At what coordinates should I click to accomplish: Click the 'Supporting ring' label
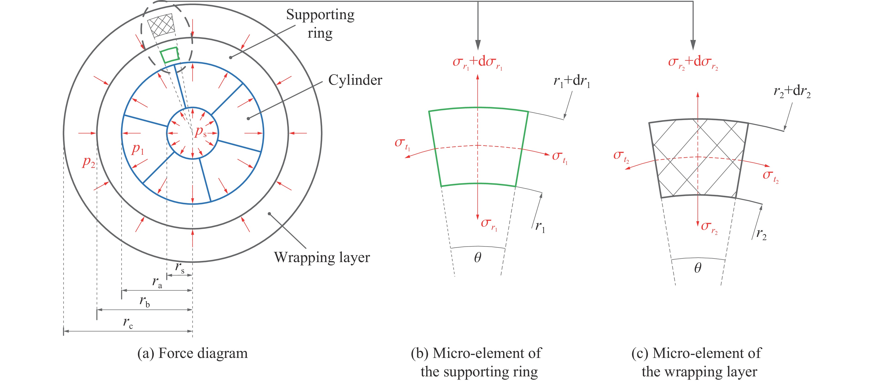(320, 24)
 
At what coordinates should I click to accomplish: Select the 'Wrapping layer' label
(322, 257)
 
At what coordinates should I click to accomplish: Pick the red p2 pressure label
(89, 162)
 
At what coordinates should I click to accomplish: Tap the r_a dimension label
(157, 282)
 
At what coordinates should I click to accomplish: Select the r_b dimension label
(145, 301)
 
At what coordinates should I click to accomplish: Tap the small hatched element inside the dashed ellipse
(161, 25)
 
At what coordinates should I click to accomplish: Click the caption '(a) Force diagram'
(192, 353)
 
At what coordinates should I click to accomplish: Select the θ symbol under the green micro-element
(477, 258)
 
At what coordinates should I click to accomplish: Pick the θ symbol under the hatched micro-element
(698, 268)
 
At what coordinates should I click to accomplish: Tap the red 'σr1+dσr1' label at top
(477, 62)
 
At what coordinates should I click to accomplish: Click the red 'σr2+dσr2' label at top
(693, 62)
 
